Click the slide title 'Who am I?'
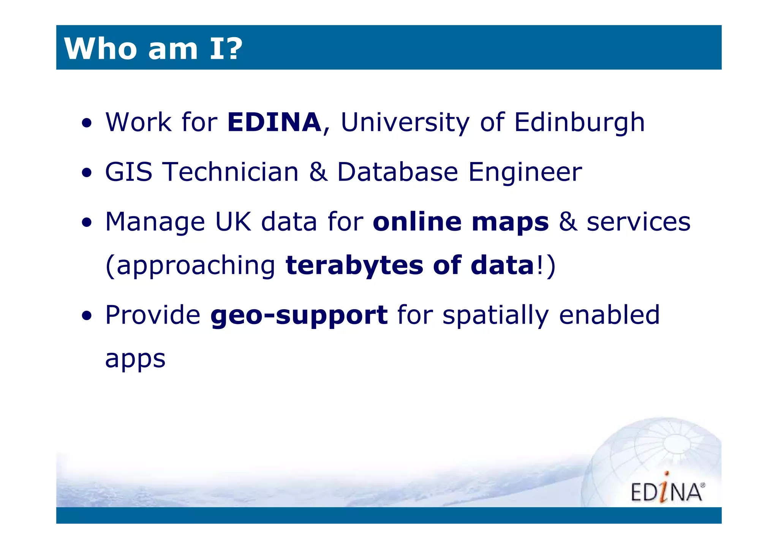pyautogui.click(x=153, y=49)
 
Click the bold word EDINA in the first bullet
pyautogui.click(x=274, y=122)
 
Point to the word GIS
pyautogui.click(x=129, y=172)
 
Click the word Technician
pyautogui.click(x=231, y=172)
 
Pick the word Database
pyautogui.click(x=398, y=172)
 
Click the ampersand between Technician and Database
pyautogui.click(x=318, y=172)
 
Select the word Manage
pyautogui.click(x=155, y=222)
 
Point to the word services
pyautogui.click(x=639, y=222)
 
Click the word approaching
pyautogui.click(x=196, y=266)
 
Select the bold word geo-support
pyautogui.click(x=299, y=316)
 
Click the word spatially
pyautogui.click(x=496, y=316)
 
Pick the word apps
pyautogui.click(x=135, y=359)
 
